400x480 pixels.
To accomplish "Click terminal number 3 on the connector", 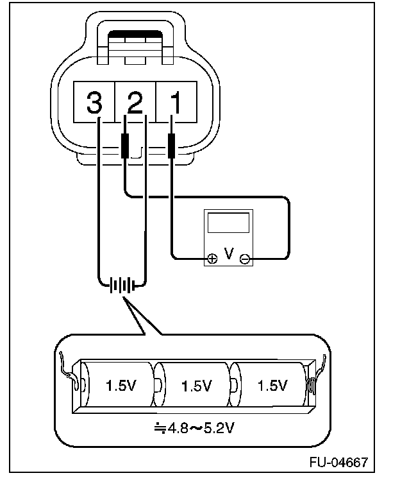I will (x=94, y=101).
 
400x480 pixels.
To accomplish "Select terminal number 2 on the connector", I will (x=135, y=101).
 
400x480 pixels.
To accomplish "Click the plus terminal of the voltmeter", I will (x=212, y=259).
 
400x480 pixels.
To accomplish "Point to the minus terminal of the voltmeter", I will (x=244, y=259).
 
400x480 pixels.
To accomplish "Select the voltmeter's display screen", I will (x=228, y=223).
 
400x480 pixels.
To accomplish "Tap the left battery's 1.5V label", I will (x=119, y=386).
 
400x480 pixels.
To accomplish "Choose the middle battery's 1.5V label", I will (x=196, y=386).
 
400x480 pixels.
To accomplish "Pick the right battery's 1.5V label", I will (x=272, y=386).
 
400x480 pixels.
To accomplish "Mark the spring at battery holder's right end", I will (x=313, y=386).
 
